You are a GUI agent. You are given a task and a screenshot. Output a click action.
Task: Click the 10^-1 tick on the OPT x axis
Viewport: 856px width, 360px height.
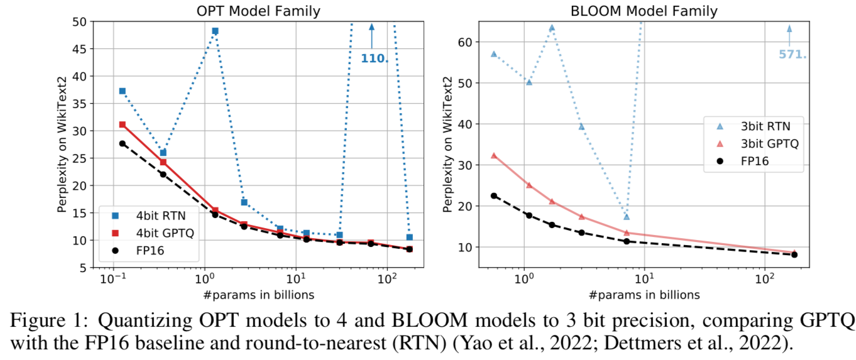click(x=114, y=279)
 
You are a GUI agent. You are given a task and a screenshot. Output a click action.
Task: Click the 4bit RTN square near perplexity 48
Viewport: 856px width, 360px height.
click(x=215, y=31)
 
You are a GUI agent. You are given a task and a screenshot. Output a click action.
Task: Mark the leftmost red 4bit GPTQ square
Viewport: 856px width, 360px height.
click(x=123, y=124)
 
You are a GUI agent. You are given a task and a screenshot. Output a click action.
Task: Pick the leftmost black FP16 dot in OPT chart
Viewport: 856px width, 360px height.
click(x=123, y=143)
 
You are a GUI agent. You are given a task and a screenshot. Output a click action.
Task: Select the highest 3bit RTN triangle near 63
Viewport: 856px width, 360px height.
click(x=552, y=28)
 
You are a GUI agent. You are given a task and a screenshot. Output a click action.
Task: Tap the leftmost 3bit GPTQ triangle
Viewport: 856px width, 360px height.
click(x=494, y=155)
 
